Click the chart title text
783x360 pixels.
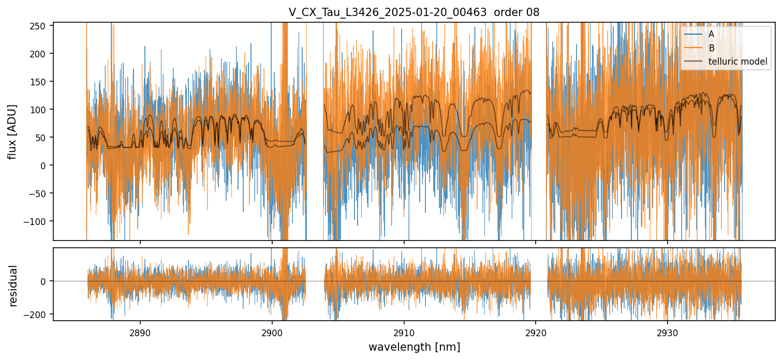click(x=414, y=12)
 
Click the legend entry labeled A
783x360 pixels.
click(x=711, y=34)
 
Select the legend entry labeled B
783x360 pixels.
click(x=711, y=48)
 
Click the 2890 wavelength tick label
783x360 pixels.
click(x=140, y=331)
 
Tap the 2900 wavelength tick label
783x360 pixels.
click(x=272, y=331)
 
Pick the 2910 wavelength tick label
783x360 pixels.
click(x=404, y=331)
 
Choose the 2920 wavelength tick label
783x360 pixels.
click(x=535, y=331)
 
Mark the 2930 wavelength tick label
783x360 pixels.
click(x=667, y=331)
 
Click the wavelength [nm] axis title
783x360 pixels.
click(x=414, y=347)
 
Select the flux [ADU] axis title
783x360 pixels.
click(x=12, y=131)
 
